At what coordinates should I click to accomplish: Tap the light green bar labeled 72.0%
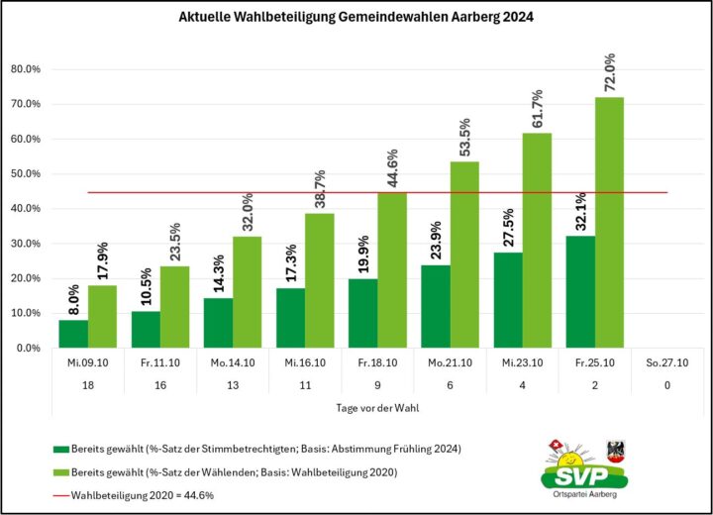pos(609,223)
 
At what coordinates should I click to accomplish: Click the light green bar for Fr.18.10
pos(392,270)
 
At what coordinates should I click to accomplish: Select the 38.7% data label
pos(319,187)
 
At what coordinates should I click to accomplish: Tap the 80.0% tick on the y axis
pos(24,69)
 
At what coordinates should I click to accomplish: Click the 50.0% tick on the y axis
pos(24,174)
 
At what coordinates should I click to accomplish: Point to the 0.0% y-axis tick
pos(27,349)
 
